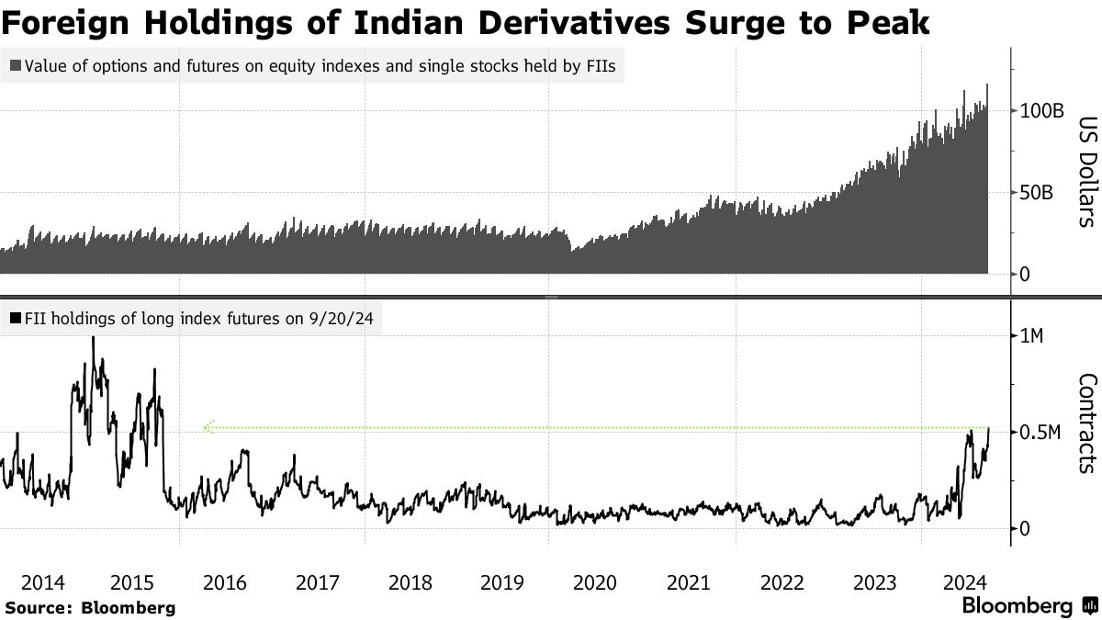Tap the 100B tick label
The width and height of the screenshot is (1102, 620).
1041,111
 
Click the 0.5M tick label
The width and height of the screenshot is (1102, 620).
1041,433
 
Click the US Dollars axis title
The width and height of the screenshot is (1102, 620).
1085,171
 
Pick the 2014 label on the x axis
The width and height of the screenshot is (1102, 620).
41,582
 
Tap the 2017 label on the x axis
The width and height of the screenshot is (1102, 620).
319,582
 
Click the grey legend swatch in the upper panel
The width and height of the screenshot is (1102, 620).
16,66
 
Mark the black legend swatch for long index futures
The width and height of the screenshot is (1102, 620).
16,319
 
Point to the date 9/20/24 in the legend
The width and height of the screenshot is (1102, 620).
341,319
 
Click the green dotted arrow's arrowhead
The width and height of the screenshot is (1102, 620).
208,427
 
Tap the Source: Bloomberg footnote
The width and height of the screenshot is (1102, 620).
89,607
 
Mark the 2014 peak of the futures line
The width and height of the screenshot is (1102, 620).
93,337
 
